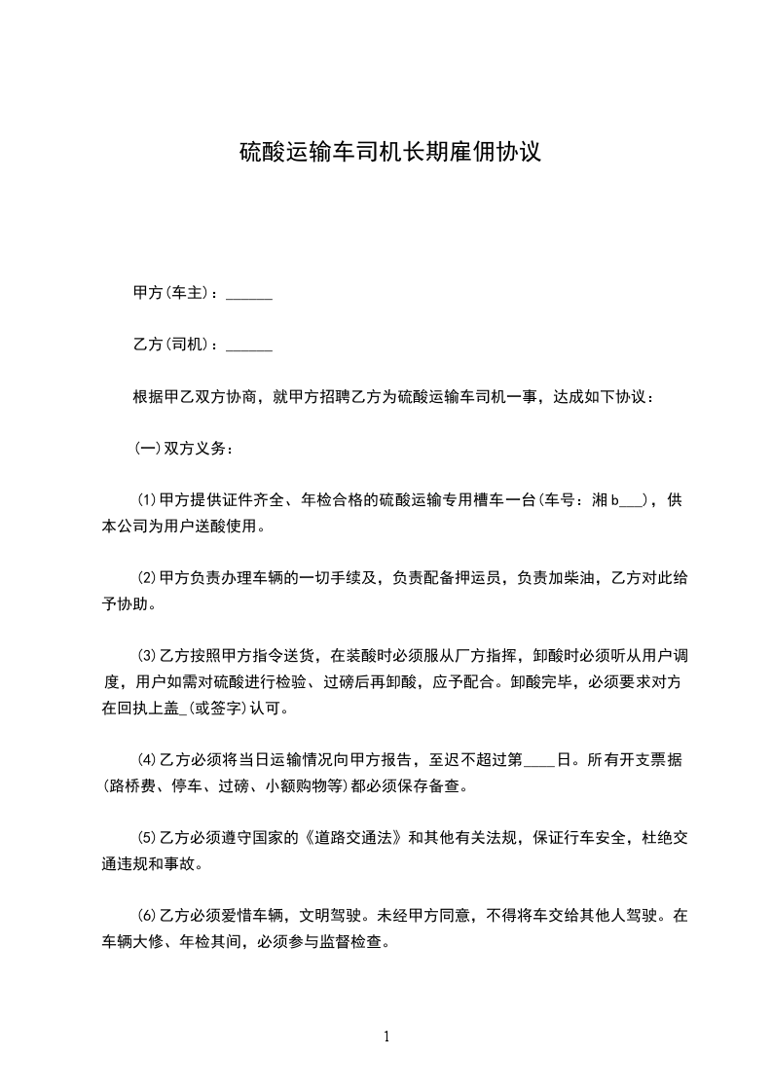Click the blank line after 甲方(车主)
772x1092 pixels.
(x=249, y=294)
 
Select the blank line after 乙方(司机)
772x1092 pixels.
(x=249, y=346)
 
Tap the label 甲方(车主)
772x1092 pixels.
(x=171, y=294)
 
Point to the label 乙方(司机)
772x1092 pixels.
(x=171, y=346)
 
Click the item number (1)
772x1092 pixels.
(x=147, y=501)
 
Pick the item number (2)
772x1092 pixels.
(x=147, y=579)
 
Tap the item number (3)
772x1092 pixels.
(x=147, y=656)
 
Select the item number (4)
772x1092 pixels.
(x=147, y=759)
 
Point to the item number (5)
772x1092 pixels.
(x=147, y=837)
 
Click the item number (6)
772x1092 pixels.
(x=147, y=915)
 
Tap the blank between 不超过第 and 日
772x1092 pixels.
(x=538, y=761)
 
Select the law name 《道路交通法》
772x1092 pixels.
(x=356, y=837)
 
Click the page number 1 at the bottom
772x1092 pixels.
(x=386, y=1037)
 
